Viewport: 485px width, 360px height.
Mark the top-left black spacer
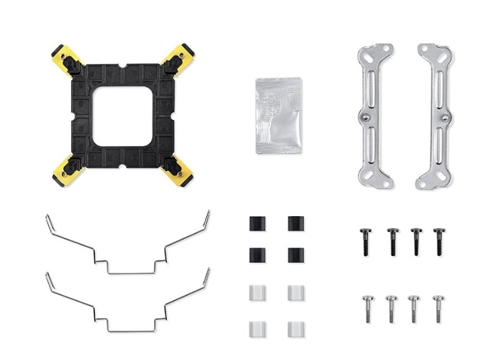click(x=257, y=224)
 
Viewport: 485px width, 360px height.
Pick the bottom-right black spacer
click(x=296, y=255)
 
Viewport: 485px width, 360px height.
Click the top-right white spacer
click(x=296, y=293)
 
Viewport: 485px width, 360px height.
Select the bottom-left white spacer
click(x=257, y=330)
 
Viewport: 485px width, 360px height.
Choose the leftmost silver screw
click(x=367, y=308)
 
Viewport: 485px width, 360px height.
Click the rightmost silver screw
click(x=438, y=308)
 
